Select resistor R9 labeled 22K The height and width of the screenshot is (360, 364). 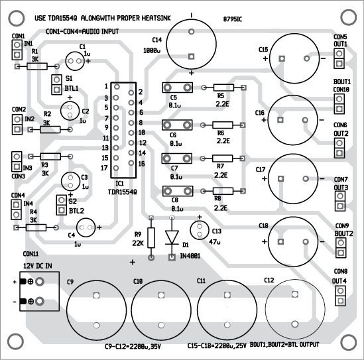151,237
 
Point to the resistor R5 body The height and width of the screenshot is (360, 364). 221,88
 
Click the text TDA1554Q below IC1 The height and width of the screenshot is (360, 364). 122,192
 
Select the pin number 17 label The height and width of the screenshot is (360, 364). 105,168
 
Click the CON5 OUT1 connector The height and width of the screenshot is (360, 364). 339,58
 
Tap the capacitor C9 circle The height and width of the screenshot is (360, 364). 97,308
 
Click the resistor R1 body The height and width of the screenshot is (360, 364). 34,66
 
